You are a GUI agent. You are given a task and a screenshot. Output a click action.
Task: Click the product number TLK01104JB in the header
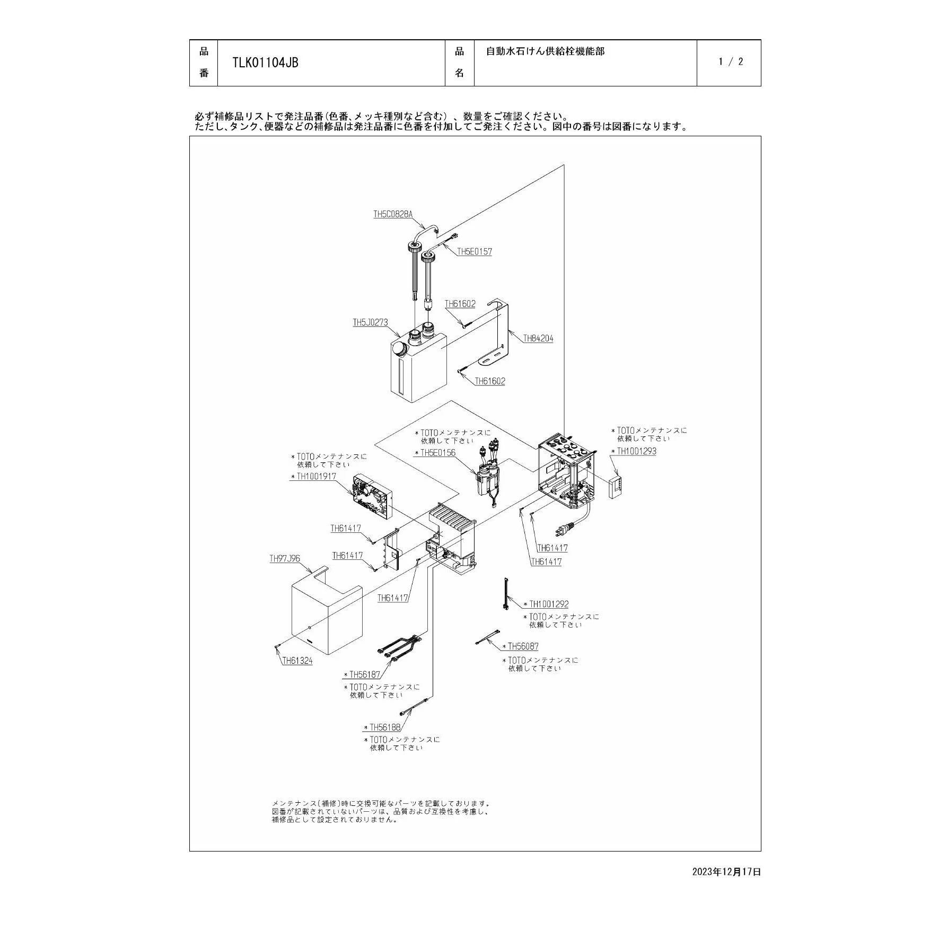click(x=265, y=63)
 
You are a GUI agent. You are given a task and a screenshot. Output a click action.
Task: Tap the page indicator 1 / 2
click(x=731, y=62)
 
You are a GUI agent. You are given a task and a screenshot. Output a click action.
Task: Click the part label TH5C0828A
click(x=393, y=214)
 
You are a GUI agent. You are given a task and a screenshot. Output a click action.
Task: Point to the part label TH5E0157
click(x=475, y=251)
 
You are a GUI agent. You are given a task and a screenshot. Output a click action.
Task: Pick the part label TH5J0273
click(x=371, y=322)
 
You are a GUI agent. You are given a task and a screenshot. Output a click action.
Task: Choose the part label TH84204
click(x=538, y=338)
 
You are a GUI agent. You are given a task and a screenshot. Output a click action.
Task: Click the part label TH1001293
click(x=636, y=451)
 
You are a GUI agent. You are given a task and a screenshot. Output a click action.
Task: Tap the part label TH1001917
click(x=316, y=476)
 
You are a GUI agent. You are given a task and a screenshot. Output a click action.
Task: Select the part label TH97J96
click(x=285, y=559)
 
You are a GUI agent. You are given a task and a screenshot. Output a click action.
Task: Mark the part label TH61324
click(x=297, y=661)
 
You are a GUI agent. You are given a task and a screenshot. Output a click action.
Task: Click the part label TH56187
click(x=365, y=674)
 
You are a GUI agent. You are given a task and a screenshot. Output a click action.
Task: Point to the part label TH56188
click(x=385, y=727)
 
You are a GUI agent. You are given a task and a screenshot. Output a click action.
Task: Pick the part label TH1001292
click(x=549, y=604)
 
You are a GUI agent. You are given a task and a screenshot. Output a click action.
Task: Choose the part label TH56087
click(x=523, y=646)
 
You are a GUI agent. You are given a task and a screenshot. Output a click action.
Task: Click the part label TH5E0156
click(x=438, y=453)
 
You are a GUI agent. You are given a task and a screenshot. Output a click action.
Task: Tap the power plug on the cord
click(x=564, y=529)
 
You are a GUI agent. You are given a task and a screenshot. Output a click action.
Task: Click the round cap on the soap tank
click(x=399, y=349)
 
